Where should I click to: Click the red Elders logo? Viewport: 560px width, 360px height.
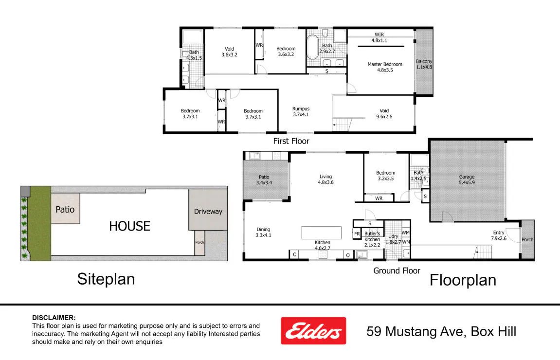(x=313, y=331)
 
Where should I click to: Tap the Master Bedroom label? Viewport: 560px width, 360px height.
(x=385, y=67)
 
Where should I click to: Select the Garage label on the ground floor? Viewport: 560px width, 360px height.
(x=467, y=180)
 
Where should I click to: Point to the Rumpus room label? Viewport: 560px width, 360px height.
(x=301, y=111)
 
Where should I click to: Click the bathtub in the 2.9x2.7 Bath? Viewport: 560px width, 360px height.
(x=312, y=47)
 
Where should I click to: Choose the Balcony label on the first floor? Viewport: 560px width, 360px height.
(x=424, y=64)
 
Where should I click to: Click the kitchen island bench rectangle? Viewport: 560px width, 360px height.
(x=322, y=233)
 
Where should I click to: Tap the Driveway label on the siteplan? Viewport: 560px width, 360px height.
(x=208, y=212)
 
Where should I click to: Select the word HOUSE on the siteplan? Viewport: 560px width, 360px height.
(x=129, y=226)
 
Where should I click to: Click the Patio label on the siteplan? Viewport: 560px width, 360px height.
(x=65, y=209)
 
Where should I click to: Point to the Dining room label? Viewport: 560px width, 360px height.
(x=263, y=232)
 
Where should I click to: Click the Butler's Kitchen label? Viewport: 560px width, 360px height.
(x=372, y=239)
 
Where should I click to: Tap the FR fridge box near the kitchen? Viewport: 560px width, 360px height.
(x=357, y=234)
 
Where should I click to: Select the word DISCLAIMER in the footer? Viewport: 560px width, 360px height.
(x=54, y=318)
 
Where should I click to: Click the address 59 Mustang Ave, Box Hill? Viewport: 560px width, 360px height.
(x=441, y=331)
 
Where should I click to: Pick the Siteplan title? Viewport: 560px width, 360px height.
(x=106, y=279)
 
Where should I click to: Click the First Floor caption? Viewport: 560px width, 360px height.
(x=291, y=141)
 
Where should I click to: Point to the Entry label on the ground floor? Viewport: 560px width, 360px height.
(x=499, y=235)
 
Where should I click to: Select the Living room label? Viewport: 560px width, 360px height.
(x=325, y=180)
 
